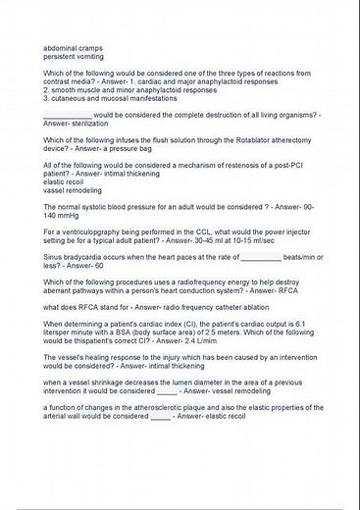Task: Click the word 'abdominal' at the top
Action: click(61, 47)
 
